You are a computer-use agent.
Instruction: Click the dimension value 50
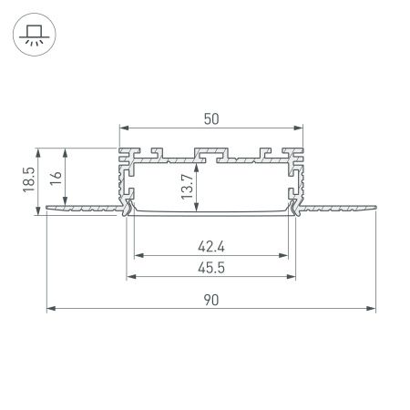pyautogui.click(x=211, y=118)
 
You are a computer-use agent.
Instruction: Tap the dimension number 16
pyautogui.click(x=57, y=179)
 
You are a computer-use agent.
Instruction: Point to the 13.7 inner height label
pyautogui.click(x=187, y=186)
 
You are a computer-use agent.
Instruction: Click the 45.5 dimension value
pyautogui.click(x=211, y=268)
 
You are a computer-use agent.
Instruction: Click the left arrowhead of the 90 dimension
pyautogui.click(x=49, y=309)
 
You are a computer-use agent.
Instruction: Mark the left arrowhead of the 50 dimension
pyautogui.click(x=122, y=128)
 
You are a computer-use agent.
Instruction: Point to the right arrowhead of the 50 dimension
pyautogui.click(x=300, y=128)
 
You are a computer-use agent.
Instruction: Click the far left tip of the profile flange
pyautogui.click(x=46, y=209)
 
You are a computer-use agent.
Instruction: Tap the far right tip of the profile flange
pyautogui.click(x=375, y=209)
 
